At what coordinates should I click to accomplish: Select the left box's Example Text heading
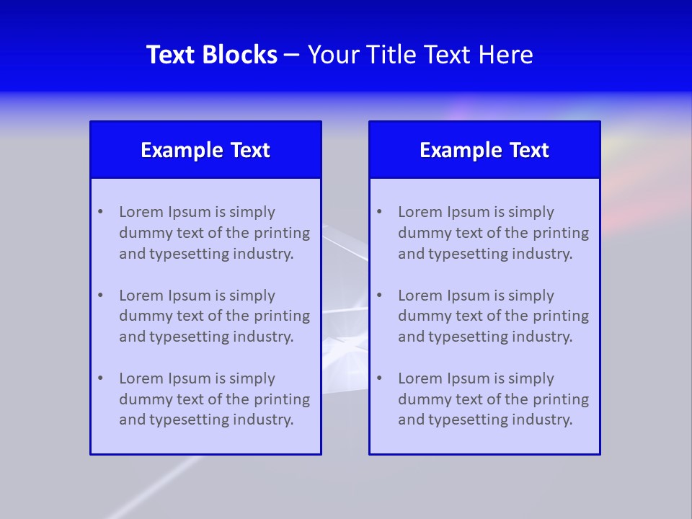click(x=205, y=150)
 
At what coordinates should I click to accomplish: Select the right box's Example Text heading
click(x=484, y=150)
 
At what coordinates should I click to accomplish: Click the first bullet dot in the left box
click(x=100, y=212)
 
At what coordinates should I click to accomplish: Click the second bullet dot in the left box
click(x=100, y=296)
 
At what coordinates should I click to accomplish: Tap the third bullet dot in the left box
click(x=100, y=378)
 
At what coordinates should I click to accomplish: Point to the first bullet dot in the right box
click(x=379, y=212)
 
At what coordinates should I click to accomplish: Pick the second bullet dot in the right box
click(x=379, y=296)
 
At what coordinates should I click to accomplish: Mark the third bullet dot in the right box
click(x=379, y=378)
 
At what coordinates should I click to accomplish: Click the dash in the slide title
click(x=292, y=55)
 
